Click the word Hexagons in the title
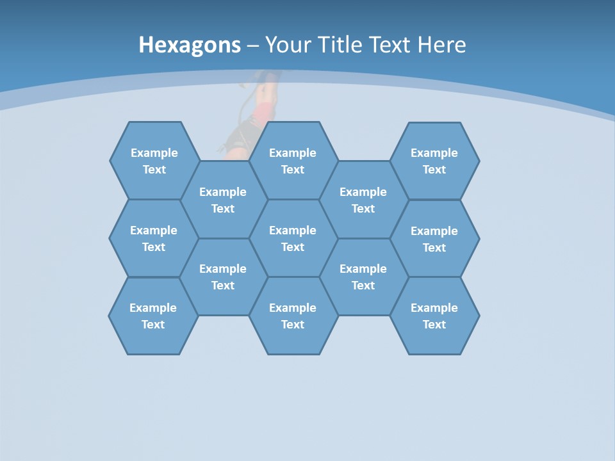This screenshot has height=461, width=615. (x=190, y=45)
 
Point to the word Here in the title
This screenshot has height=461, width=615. (x=441, y=45)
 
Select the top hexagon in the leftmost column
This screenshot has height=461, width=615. (x=154, y=161)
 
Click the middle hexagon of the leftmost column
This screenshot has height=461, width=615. (x=154, y=238)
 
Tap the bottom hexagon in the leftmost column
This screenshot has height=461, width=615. (x=153, y=316)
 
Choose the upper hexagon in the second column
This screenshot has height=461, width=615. (x=223, y=200)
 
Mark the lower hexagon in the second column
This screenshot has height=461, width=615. (x=223, y=277)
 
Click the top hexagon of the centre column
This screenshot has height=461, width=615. (x=293, y=161)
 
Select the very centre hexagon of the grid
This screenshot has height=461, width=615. (x=293, y=238)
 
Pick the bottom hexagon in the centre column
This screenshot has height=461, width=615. (x=293, y=316)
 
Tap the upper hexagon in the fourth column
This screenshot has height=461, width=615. (x=363, y=200)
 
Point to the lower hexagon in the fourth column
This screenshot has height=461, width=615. (x=363, y=277)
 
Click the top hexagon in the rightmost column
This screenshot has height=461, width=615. (x=434, y=161)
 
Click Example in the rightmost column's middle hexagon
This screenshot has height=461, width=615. (x=434, y=231)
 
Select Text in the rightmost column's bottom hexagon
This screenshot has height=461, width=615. (x=434, y=325)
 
